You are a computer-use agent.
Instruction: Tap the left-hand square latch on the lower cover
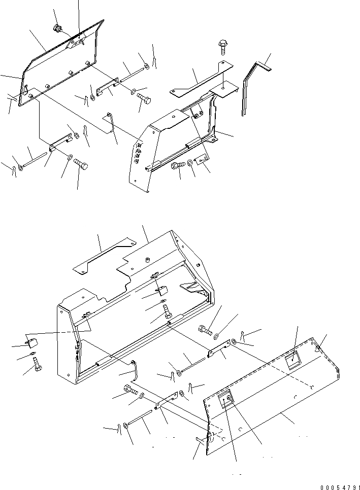[225, 398]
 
